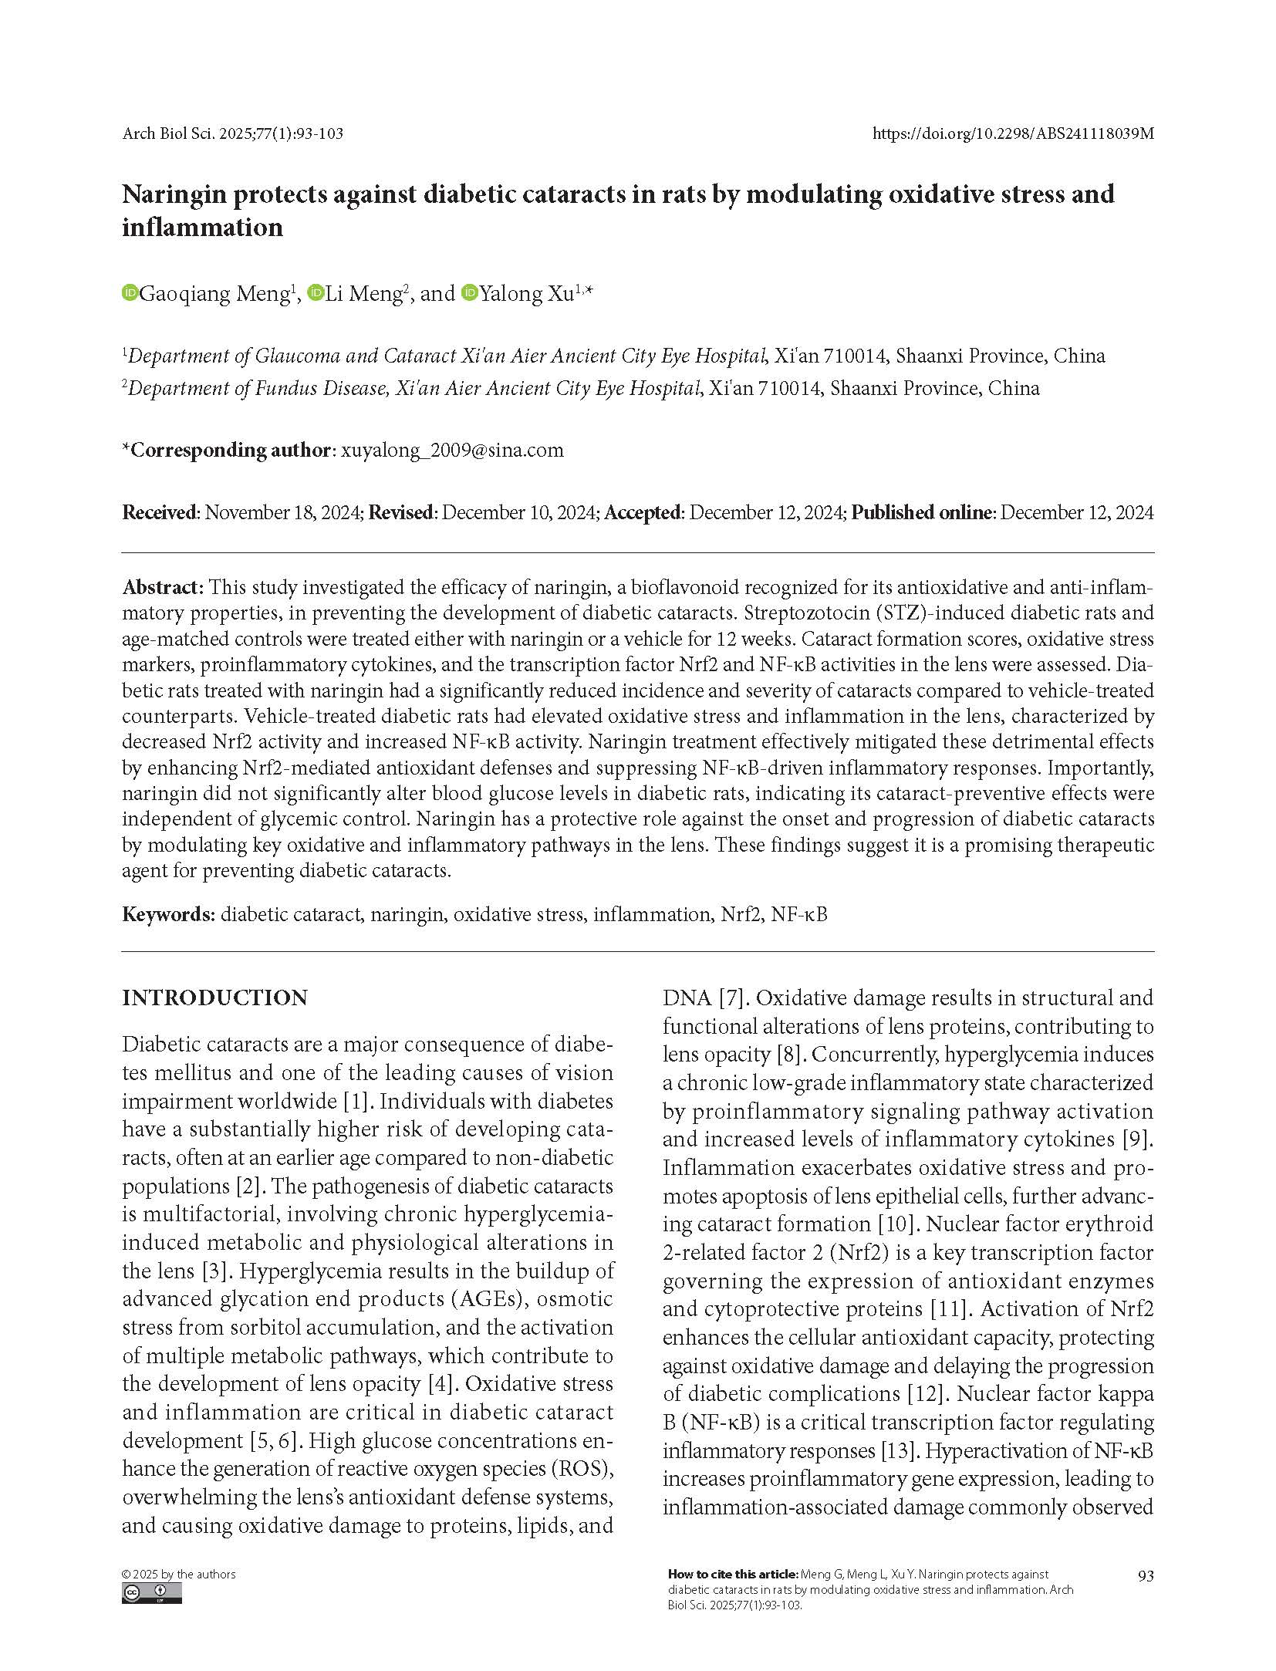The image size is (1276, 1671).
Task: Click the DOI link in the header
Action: [x=1012, y=133]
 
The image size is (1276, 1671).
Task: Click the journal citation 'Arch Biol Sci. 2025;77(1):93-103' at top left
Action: [x=232, y=133]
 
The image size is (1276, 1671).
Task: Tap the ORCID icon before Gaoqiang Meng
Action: [x=130, y=293]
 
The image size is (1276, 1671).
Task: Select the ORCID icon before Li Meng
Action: [x=315, y=293]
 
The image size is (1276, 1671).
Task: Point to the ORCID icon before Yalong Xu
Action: [x=469, y=293]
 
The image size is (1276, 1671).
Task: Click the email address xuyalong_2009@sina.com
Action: [x=451, y=450]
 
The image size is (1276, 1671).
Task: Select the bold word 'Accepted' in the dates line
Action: [x=643, y=512]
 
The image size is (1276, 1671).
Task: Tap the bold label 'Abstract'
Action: [x=162, y=587]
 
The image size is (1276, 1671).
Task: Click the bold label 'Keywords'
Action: [x=167, y=914]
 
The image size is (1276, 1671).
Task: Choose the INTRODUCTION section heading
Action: [x=214, y=998]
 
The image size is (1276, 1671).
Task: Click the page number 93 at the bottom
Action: [x=1145, y=1575]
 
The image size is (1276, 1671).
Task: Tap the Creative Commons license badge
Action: [x=151, y=1593]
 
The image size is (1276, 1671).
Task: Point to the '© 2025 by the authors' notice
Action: [x=179, y=1574]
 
